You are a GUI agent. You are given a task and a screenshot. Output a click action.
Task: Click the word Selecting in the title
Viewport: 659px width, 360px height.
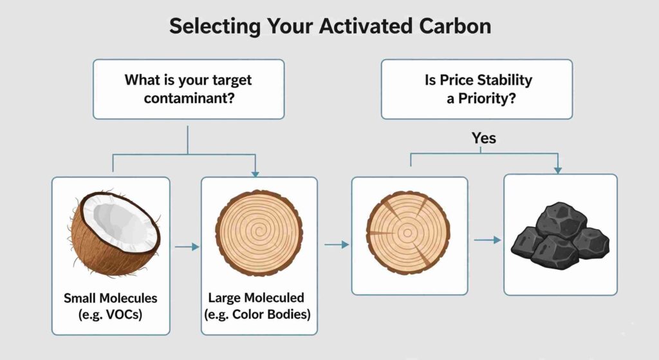(215, 26)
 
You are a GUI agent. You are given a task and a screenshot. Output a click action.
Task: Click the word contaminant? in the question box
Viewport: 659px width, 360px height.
(189, 99)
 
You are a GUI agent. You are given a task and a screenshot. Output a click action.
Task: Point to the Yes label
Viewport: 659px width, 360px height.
(484, 138)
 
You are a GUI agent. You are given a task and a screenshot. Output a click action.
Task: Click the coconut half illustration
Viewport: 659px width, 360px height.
(113, 234)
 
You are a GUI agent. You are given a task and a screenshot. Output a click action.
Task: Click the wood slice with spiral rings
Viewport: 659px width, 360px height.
(259, 232)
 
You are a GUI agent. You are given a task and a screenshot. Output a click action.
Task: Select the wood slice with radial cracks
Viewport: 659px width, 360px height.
(408, 232)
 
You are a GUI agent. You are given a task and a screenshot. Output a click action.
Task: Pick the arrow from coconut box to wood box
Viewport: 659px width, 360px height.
(187, 247)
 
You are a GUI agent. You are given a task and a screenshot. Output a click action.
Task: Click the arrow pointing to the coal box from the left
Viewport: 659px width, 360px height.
(488, 240)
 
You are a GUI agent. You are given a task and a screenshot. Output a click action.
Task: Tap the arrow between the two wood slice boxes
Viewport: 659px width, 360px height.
(337, 244)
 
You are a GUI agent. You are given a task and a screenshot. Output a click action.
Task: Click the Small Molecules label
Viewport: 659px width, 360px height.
(111, 298)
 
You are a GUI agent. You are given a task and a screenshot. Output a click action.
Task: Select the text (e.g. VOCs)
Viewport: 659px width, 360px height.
(111, 314)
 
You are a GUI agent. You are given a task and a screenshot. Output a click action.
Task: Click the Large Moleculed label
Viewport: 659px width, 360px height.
(256, 298)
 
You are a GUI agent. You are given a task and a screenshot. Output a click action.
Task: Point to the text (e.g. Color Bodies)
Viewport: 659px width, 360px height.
(257, 314)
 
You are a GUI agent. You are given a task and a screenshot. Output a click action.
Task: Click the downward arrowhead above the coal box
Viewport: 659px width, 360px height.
(558, 170)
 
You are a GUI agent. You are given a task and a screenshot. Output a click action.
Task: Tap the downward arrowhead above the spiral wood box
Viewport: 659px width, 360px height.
(255, 174)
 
